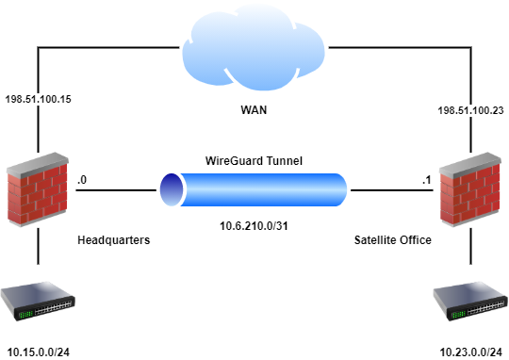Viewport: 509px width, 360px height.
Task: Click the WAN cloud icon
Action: pos(254,47)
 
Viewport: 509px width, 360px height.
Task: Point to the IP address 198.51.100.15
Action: pos(38,98)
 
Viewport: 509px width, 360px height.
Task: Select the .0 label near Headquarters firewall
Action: pos(83,178)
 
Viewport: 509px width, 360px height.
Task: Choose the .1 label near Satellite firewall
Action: pos(425,178)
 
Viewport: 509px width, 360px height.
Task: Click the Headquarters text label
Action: pos(113,240)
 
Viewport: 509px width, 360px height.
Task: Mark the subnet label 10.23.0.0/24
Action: pos(469,352)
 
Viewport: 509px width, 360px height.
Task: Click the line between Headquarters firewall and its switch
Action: pos(39,249)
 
